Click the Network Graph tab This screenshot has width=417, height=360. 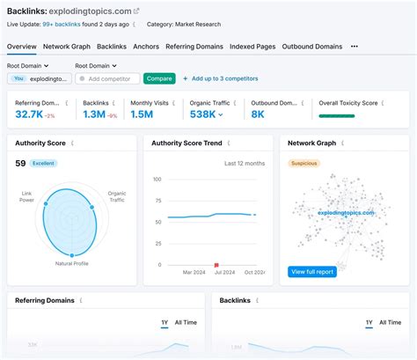[67, 46]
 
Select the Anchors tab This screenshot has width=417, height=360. [146, 46]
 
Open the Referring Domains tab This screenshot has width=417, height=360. [194, 46]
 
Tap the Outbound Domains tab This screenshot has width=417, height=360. [312, 46]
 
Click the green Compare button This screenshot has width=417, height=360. [159, 78]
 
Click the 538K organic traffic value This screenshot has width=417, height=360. [202, 114]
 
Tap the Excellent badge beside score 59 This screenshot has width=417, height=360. [43, 163]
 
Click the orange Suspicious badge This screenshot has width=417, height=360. [304, 163]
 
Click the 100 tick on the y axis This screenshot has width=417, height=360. [157, 180]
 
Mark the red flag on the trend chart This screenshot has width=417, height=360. [216, 262]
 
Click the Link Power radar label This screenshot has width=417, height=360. [26, 196]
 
